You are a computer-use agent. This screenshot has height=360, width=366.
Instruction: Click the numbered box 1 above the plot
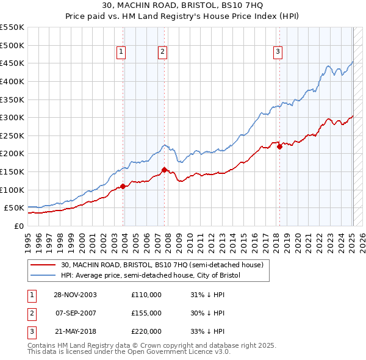121,52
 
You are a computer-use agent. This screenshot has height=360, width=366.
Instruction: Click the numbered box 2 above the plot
163,52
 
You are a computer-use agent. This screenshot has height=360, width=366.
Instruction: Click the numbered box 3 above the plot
278,52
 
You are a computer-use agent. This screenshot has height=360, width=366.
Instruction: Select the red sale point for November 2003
123,186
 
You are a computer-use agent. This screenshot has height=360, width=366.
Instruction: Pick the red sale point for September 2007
164,170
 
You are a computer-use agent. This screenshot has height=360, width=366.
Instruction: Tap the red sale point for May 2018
279,146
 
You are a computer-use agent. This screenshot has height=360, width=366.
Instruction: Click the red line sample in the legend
43,265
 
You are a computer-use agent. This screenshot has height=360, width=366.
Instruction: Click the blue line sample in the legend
43,276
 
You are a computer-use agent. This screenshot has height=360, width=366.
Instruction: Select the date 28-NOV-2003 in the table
76,295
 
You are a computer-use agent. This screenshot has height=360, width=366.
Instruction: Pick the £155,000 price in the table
146,314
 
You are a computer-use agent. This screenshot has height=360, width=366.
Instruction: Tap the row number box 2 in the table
31,314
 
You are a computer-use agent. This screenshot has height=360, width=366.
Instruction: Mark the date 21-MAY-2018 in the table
76,332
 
